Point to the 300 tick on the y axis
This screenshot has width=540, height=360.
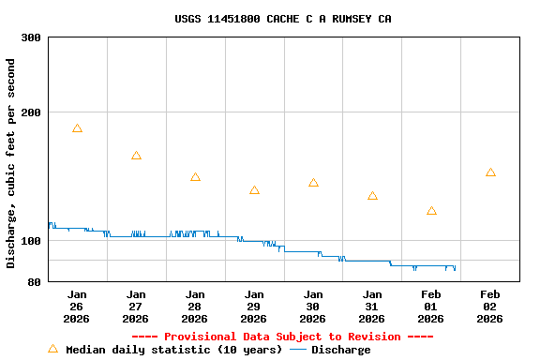[x=31, y=37]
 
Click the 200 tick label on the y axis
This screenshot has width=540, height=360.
[x=31, y=112]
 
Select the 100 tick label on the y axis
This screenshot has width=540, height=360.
[x=31, y=241]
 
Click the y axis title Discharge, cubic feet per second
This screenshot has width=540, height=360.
[x=11, y=163]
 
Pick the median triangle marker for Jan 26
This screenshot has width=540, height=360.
[x=77, y=128]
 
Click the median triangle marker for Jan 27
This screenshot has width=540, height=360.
[x=136, y=156]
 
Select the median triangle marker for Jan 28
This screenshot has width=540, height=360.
[x=195, y=177]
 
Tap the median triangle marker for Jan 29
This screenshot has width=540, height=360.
[x=254, y=190]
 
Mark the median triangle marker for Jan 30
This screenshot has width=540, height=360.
[x=313, y=183]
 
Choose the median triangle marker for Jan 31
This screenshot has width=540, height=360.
[x=372, y=196]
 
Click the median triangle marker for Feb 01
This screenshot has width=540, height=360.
[x=431, y=211]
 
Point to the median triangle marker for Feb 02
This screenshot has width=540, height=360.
[x=490, y=172]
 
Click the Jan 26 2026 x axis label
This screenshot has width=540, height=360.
[x=77, y=306]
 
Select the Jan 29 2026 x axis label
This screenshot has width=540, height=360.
[x=254, y=306]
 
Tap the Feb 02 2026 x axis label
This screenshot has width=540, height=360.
[x=490, y=306]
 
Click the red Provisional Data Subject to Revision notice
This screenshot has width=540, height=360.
[x=282, y=337]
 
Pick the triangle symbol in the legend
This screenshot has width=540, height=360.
[x=52, y=349]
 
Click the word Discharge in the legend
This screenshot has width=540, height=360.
[x=340, y=350]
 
